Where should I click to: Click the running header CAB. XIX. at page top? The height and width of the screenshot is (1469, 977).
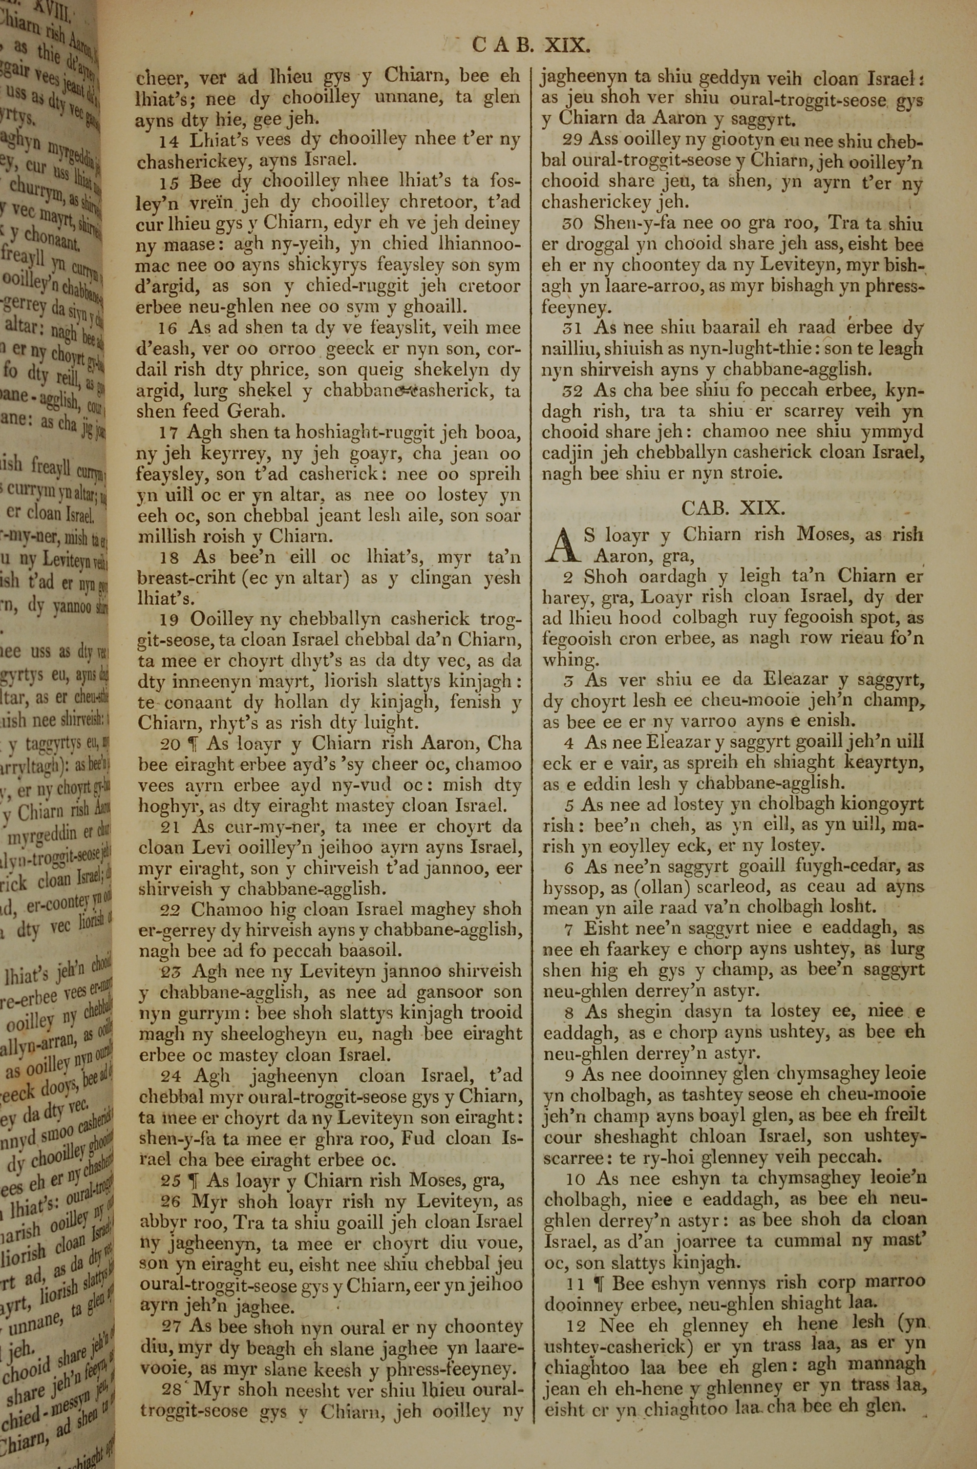[x=529, y=45]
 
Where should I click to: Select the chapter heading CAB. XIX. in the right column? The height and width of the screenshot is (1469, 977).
[x=731, y=507]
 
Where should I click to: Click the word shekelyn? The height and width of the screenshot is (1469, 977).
[x=450, y=371]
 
